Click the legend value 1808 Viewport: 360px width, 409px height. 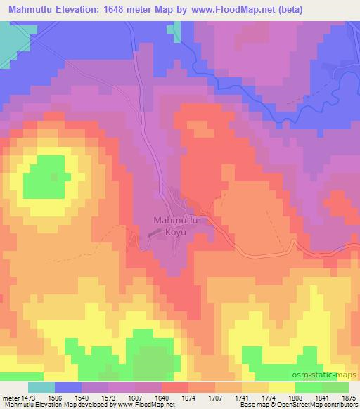294,397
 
